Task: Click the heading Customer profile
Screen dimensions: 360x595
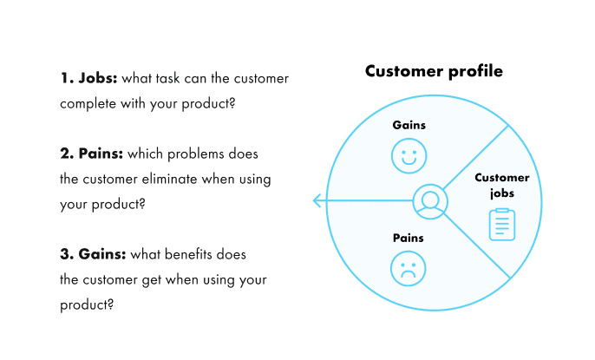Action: pyautogui.click(x=433, y=71)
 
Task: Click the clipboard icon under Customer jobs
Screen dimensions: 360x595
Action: pyautogui.click(x=501, y=225)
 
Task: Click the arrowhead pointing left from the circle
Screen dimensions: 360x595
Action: pyautogui.click(x=318, y=201)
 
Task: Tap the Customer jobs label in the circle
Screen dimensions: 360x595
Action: pyautogui.click(x=501, y=186)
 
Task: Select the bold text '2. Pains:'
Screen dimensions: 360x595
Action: pyautogui.click(x=92, y=154)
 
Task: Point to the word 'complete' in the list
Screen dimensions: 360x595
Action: pyautogui.click(x=88, y=103)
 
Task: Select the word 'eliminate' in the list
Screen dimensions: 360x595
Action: pyautogui.click(x=175, y=179)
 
